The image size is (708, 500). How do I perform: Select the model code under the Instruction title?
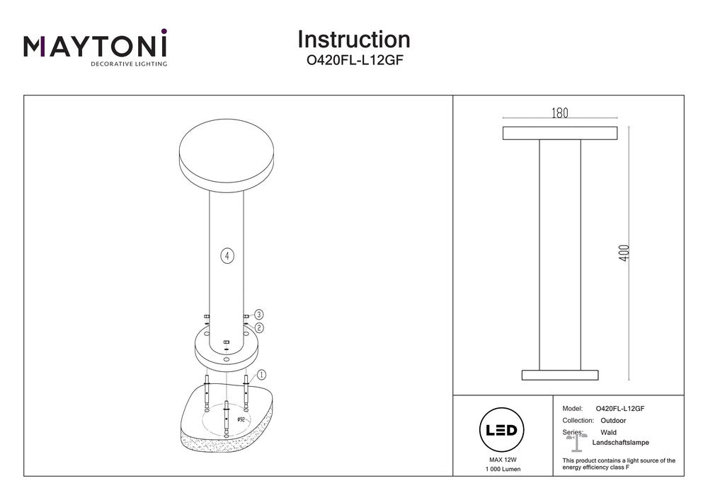[353, 60]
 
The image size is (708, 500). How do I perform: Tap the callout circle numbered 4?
[227, 255]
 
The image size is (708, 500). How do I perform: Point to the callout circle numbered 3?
[259, 314]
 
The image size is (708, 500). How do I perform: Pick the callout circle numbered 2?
[259, 327]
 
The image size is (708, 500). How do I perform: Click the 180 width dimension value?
[559, 113]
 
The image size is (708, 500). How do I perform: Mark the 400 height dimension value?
[624, 252]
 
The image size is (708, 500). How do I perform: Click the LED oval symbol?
[502, 429]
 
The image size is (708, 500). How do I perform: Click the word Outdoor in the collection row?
[612, 420]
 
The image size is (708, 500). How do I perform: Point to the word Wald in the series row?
[608, 431]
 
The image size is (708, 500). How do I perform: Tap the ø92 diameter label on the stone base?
[241, 419]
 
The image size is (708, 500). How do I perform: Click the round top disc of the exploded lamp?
[227, 153]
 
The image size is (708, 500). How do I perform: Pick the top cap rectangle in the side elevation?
[559, 133]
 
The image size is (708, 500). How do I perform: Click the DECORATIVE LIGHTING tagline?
[128, 64]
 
